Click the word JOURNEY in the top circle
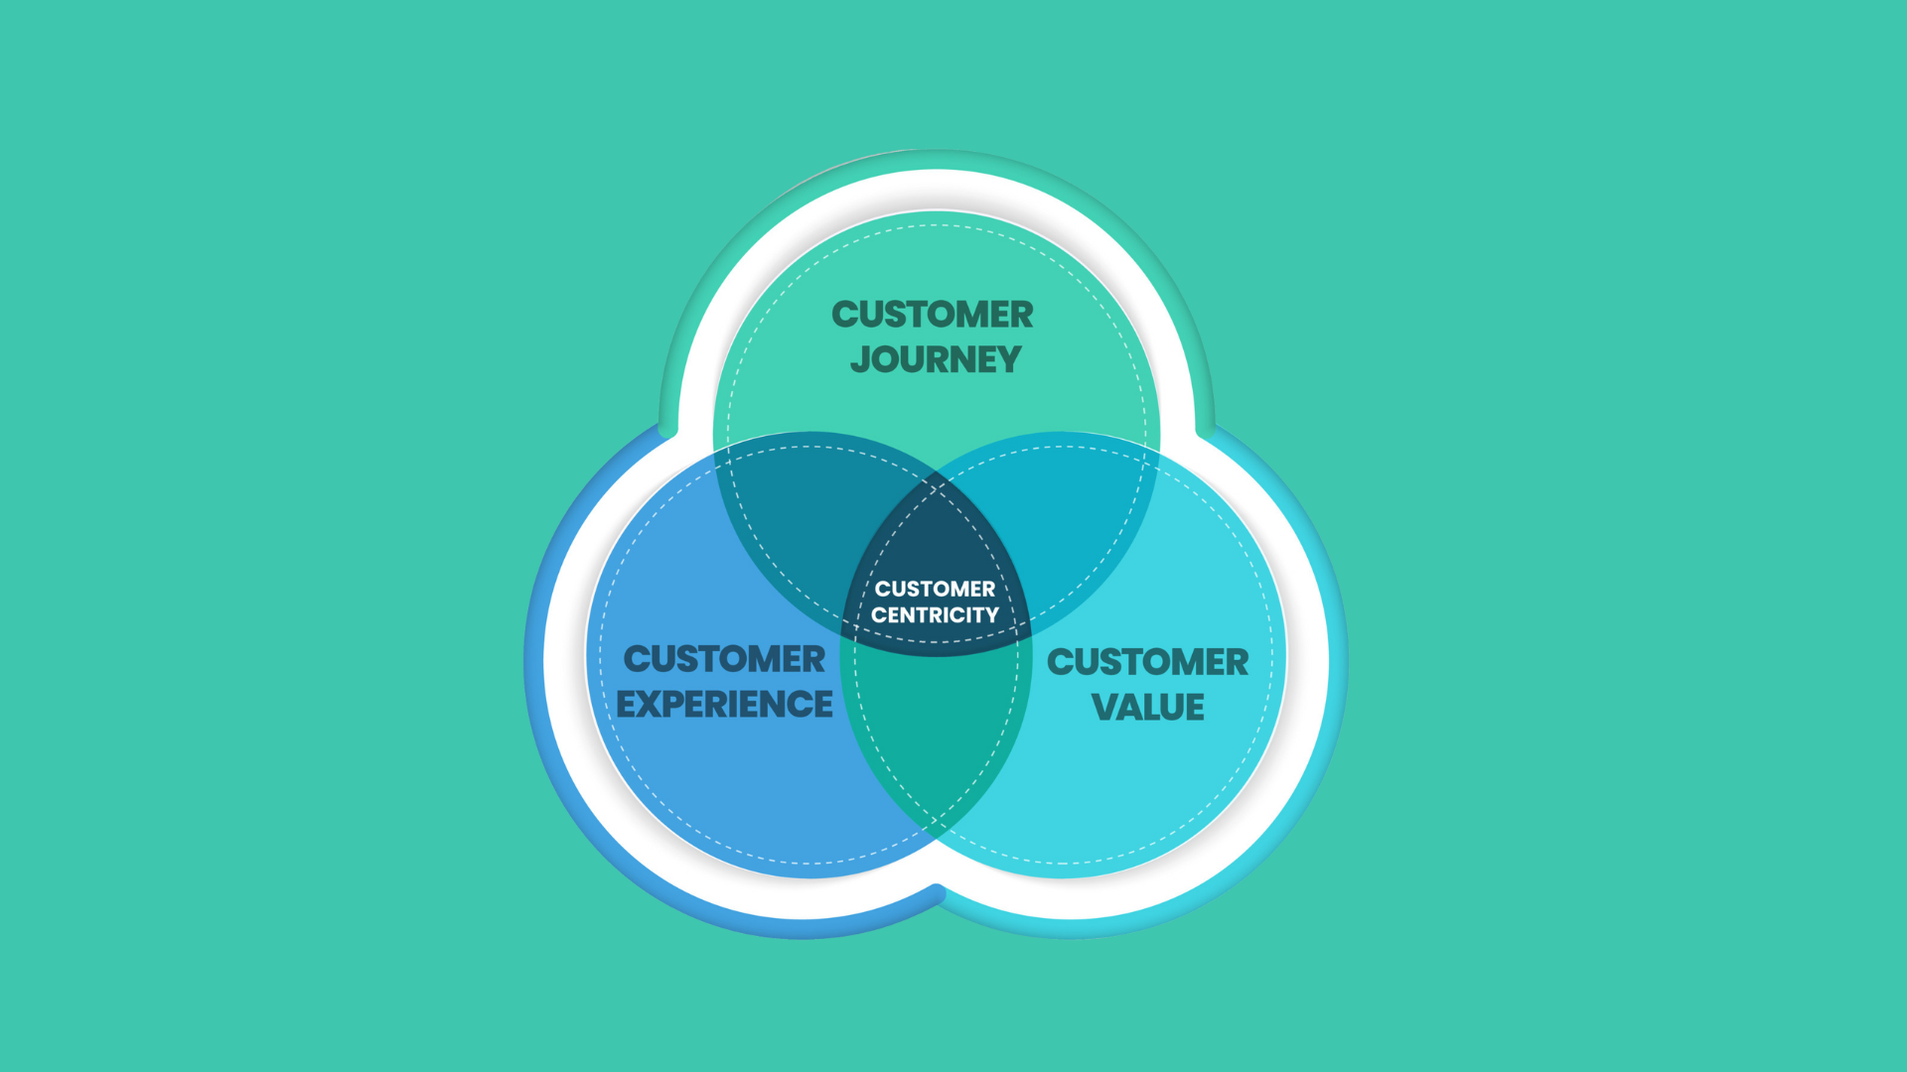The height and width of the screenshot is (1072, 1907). [936, 359]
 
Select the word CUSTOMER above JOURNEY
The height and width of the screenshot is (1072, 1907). [933, 315]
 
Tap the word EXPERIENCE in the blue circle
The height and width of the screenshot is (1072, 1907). [724, 704]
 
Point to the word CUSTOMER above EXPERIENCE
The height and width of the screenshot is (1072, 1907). [724, 659]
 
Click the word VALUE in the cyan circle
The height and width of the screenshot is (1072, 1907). [1148, 707]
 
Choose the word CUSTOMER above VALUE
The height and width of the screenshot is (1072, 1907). [1148, 662]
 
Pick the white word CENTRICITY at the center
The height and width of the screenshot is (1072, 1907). [935, 615]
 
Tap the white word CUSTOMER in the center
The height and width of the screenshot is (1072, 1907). [935, 589]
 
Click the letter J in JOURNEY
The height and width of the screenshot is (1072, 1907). [860, 359]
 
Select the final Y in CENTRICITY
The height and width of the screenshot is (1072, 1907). [990, 615]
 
